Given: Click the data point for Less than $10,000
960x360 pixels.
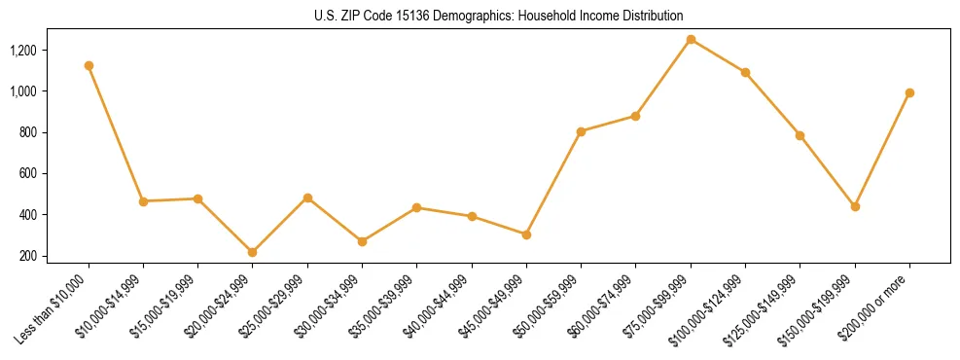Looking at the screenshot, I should (x=89, y=65).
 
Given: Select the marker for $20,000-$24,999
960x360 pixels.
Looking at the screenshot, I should (x=253, y=252).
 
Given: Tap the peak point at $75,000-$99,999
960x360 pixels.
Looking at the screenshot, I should (x=691, y=40).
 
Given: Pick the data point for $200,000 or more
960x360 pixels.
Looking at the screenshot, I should (x=909, y=93).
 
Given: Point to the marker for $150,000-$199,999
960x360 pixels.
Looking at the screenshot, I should (x=855, y=206).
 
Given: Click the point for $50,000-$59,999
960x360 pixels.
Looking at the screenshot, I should (x=581, y=131).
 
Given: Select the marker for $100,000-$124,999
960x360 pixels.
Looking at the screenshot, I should (x=745, y=72).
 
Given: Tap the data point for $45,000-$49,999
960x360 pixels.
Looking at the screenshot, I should (x=526, y=234).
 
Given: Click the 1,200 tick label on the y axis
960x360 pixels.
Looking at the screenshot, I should (x=49, y=50).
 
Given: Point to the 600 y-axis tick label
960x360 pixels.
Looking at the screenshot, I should (x=53, y=173).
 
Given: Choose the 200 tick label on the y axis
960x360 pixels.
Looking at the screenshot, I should (x=53, y=256).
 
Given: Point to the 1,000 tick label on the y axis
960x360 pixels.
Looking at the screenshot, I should (x=49, y=90).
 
